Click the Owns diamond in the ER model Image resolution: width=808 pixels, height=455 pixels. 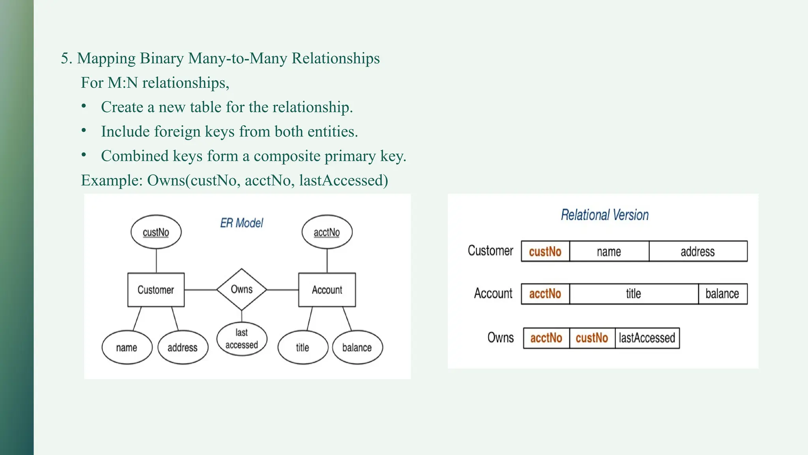pos(241,290)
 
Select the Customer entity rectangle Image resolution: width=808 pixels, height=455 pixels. pos(156,290)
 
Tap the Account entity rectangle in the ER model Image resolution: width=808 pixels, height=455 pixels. pos(327,290)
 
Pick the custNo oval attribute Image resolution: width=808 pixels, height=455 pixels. pos(156,232)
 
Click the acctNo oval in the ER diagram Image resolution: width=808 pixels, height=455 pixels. pos(327,232)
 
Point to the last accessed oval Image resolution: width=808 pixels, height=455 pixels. pos(241,339)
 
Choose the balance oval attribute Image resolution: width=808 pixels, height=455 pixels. pos(357,348)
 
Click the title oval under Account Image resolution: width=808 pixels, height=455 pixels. pos(303,348)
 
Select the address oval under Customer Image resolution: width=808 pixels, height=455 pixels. pos(182,348)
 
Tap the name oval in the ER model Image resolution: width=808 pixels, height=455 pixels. pos(127,348)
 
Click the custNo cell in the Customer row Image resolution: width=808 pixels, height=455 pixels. pos(545,252)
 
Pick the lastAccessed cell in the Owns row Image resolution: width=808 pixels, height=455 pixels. pos(647,338)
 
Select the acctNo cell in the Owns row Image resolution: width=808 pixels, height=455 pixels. pos(546,338)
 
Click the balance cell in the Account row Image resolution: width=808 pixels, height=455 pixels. pos(722,294)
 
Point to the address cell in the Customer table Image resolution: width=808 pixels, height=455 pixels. pos(698,252)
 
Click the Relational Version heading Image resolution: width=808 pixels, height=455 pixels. pos(604,215)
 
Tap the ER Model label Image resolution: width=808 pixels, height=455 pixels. pos(241,223)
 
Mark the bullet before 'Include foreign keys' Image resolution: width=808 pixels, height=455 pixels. pos(84,131)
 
